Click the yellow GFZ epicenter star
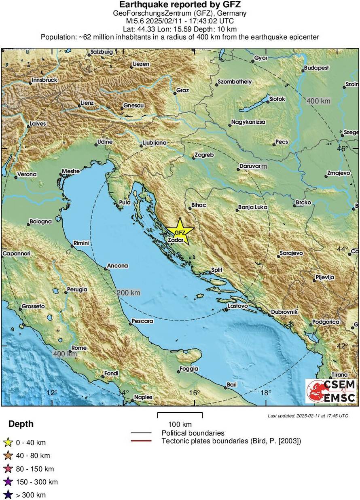click(179, 232)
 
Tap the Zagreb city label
click(204, 155)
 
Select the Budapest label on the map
click(317, 68)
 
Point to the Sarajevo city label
click(291, 253)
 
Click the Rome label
click(79, 348)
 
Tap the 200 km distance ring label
click(128, 293)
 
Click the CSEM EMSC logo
click(331, 391)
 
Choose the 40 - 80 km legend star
click(8, 456)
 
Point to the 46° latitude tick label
click(342, 149)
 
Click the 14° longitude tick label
click(123, 392)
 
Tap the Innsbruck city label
click(44, 80)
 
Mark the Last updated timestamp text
click(307, 416)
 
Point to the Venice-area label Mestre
click(70, 171)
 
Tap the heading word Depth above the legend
click(21, 424)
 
